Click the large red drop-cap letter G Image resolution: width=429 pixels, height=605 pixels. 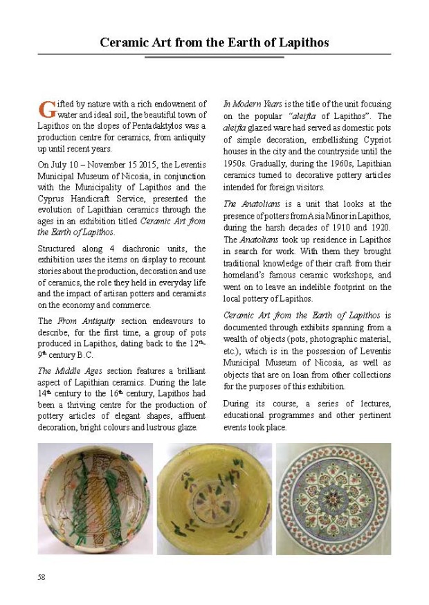[46, 109]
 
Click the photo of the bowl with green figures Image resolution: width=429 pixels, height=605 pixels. [95, 498]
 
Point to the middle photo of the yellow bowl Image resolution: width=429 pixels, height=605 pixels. [214, 498]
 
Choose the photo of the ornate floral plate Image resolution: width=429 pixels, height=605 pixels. [334, 498]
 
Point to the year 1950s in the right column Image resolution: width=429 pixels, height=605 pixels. [237, 162]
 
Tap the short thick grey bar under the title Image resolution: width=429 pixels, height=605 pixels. [214, 57]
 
